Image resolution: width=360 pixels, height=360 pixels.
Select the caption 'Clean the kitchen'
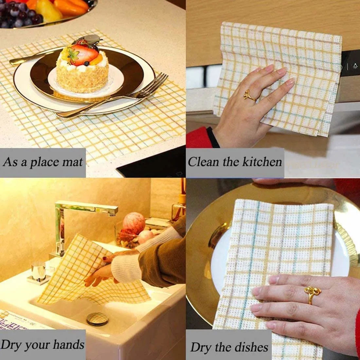tap(235, 162)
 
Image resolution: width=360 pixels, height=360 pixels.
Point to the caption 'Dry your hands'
tap(43, 344)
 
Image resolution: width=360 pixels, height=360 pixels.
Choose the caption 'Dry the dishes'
tap(229, 347)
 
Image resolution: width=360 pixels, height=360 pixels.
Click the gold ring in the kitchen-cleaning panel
tap(249, 96)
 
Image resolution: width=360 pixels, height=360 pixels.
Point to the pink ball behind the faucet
tap(134, 223)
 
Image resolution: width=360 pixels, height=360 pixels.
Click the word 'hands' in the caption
tap(69, 344)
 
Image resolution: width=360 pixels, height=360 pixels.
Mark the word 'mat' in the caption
tap(73, 162)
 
